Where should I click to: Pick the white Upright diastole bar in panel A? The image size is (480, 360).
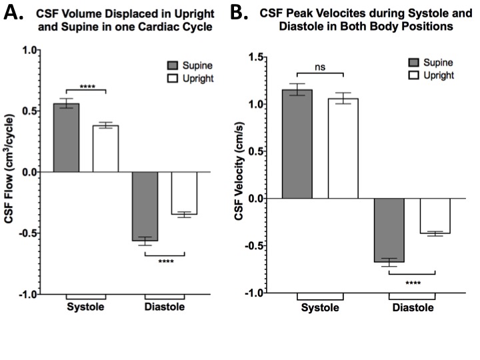(x=184, y=193)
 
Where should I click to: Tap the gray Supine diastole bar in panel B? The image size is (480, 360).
(x=389, y=230)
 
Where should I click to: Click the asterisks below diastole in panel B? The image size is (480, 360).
(x=413, y=283)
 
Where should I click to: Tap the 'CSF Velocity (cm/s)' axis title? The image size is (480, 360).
(x=238, y=175)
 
